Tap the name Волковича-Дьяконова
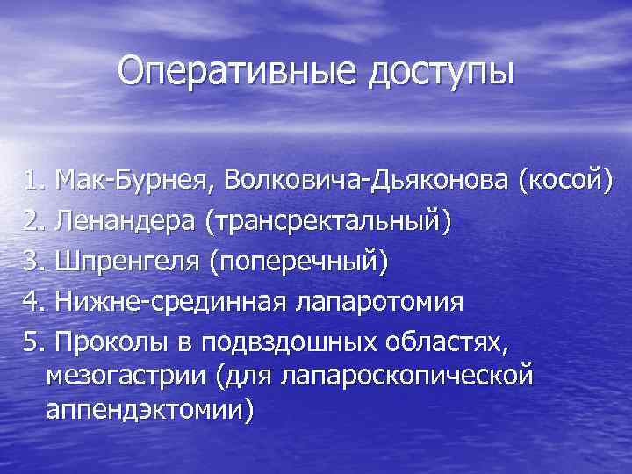tap(368, 181)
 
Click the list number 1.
tap(32, 181)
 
